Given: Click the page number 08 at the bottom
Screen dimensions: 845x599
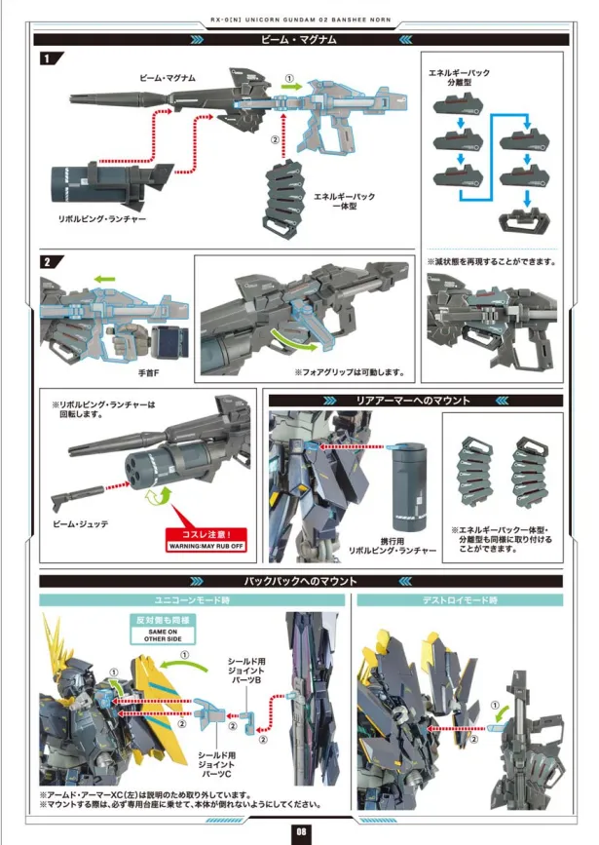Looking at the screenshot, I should (299, 829).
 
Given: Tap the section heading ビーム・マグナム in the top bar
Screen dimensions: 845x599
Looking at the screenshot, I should (299, 40).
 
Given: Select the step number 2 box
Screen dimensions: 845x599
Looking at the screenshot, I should (47, 262).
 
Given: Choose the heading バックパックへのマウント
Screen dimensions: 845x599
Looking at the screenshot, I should (299, 581).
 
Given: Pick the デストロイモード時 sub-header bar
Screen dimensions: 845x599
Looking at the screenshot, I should (459, 600).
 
